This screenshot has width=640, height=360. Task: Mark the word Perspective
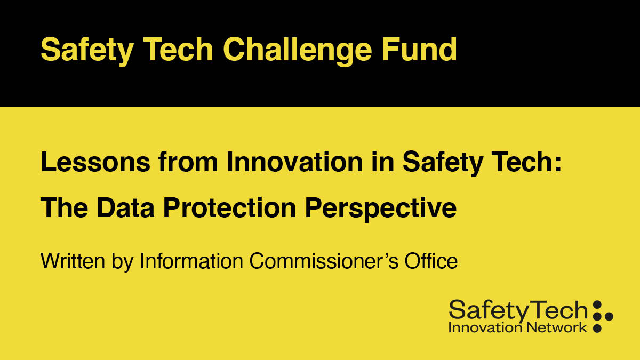pos(381,207)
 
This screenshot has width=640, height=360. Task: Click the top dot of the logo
pos(597,305)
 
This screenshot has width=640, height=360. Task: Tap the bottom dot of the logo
pos(597,328)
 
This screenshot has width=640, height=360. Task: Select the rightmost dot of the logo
pos(609,316)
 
